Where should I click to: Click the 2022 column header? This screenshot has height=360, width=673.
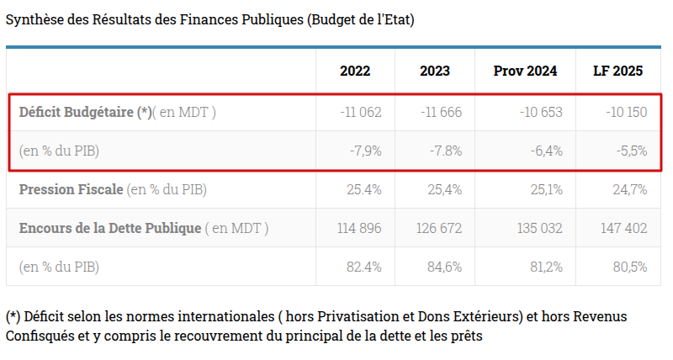click(x=354, y=71)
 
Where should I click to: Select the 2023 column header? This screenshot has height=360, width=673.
click(x=434, y=71)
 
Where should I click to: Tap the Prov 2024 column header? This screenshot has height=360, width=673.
click(x=525, y=71)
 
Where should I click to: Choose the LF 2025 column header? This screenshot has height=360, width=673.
click(x=618, y=71)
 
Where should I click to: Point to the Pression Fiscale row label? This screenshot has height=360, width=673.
click(x=71, y=189)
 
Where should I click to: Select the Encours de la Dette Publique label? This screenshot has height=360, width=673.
click(x=109, y=228)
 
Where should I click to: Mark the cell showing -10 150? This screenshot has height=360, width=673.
click(x=626, y=112)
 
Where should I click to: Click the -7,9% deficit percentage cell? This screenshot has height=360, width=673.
click(x=366, y=151)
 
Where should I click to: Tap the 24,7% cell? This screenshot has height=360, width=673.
click(x=630, y=189)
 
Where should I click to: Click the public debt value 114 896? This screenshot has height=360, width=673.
click(x=359, y=228)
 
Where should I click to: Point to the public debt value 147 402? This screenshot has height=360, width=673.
click(x=624, y=228)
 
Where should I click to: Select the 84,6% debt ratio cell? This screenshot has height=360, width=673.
click(x=445, y=267)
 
